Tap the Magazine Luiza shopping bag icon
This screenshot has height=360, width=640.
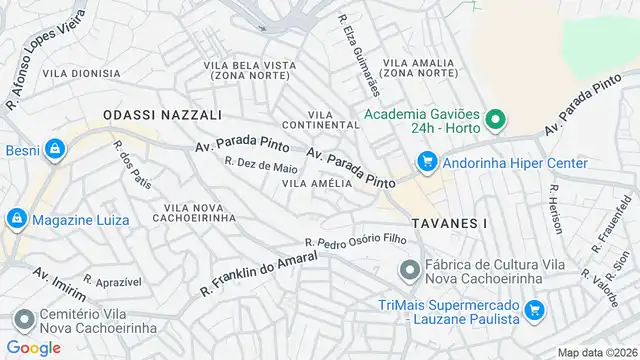(18, 220)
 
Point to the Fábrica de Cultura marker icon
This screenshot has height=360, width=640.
(408, 270)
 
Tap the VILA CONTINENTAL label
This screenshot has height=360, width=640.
(321, 119)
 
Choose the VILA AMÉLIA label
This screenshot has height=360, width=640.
(317, 183)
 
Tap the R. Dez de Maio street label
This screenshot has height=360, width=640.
(261, 165)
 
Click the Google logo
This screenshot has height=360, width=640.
(34, 348)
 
